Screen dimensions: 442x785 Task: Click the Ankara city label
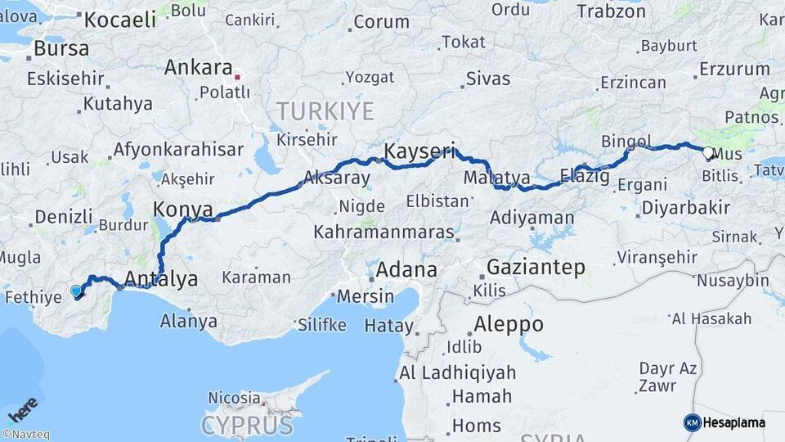pos(199,67)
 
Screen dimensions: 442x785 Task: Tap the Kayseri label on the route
pos(419,151)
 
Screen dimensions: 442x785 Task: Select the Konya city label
pos(183,209)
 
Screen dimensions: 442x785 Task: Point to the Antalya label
pos(161,279)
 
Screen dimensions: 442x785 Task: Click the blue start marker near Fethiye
pos(77,291)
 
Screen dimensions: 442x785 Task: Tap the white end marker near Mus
pos(708,152)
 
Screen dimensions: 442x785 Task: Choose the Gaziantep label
pos(536,267)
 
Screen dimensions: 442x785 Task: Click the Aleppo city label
pos(508,323)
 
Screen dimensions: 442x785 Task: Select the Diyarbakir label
pos(685,208)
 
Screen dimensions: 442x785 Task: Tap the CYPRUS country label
pos(247,426)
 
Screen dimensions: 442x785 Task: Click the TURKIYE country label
pos(325,111)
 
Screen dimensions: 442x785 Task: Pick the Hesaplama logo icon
pos(693,422)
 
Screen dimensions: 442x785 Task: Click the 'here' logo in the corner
pos(22,409)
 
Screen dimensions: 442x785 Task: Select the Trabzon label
pos(611,11)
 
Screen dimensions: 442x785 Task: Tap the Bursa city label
pos(61,48)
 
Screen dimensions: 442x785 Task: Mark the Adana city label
pos(406,269)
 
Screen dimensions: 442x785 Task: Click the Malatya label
pos(496,178)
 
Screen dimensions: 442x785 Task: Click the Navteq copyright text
pos(26,435)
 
